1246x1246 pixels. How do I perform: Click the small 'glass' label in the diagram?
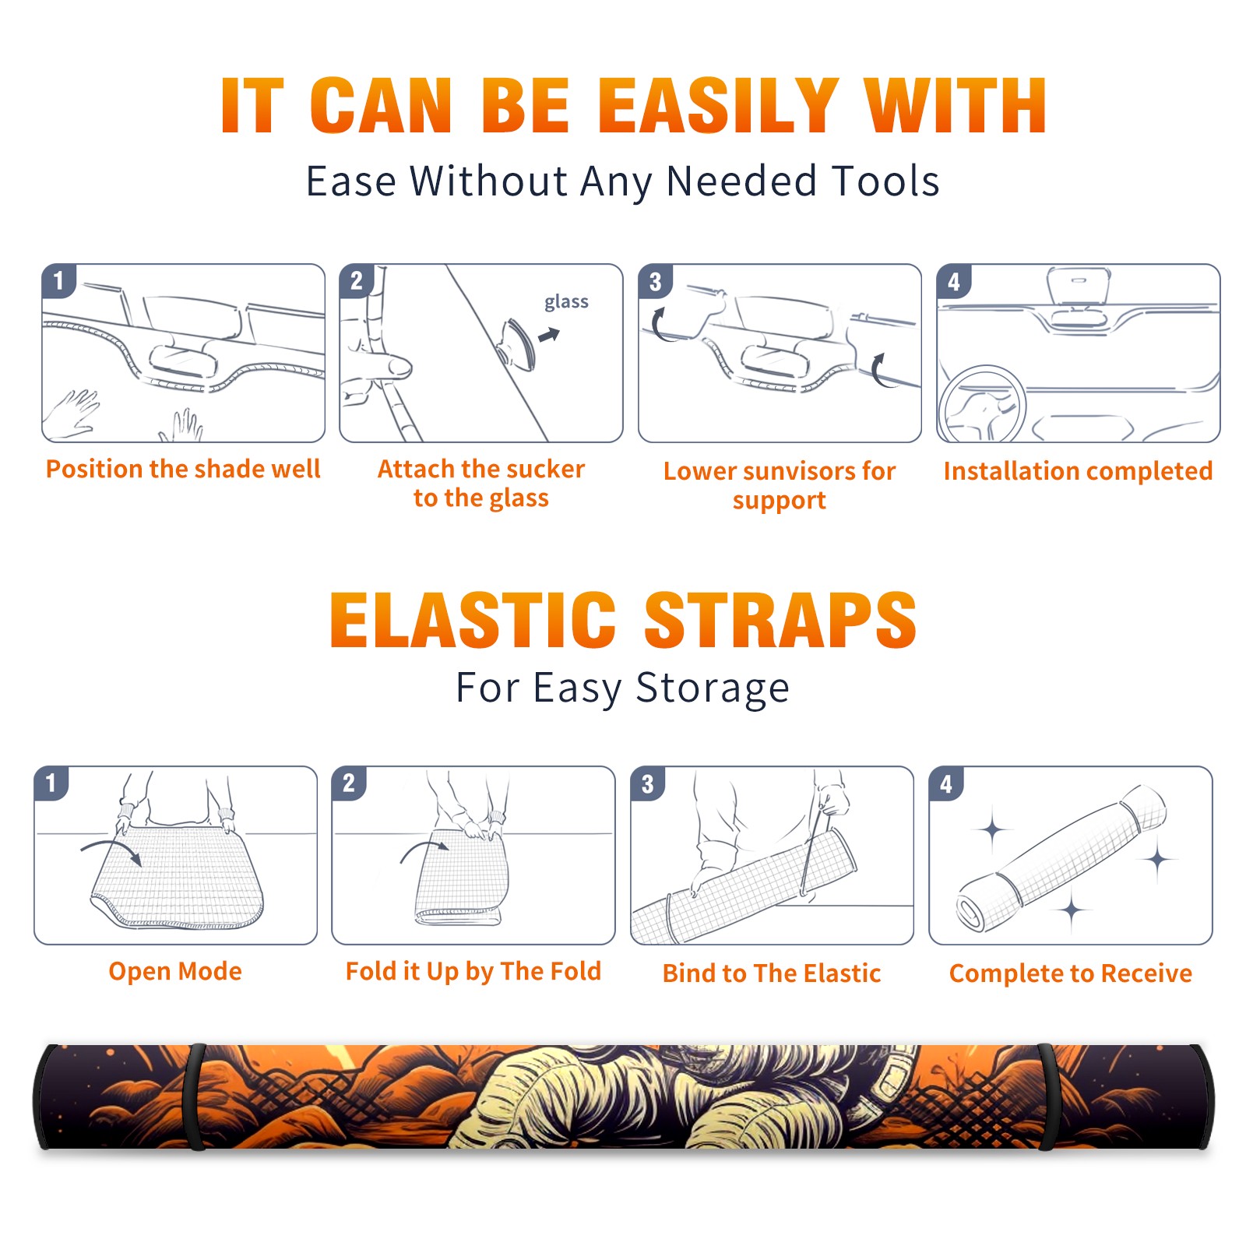pyautogui.click(x=566, y=302)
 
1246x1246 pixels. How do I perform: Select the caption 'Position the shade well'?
pyautogui.click(x=183, y=469)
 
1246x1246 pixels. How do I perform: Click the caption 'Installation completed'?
pyautogui.click(x=1078, y=470)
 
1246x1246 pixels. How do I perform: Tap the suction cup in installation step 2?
pyautogui.click(x=516, y=343)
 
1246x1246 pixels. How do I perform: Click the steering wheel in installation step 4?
pyautogui.click(x=982, y=404)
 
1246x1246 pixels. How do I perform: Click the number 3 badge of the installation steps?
pyautogui.click(x=655, y=281)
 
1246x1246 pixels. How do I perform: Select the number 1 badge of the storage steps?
pyautogui.click(x=51, y=783)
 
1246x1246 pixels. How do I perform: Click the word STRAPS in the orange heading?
pyautogui.click(x=780, y=620)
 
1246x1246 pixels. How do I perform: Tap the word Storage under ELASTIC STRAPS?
pyautogui.click(x=712, y=688)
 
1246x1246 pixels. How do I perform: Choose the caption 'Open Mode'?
pyautogui.click(x=175, y=971)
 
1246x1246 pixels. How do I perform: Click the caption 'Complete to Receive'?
pyautogui.click(x=1071, y=973)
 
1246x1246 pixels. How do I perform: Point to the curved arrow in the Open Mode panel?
pyautogui.click(x=111, y=851)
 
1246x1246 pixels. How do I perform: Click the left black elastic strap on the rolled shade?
pyautogui.click(x=195, y=1096)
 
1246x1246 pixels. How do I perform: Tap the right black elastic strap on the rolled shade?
pyautogui.click(x=1047, y=1096)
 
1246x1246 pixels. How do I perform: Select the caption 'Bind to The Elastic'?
pyautogui.click(x=772, y=973)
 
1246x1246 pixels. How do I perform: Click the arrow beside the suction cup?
pyautogui.click(x=550, y=335)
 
